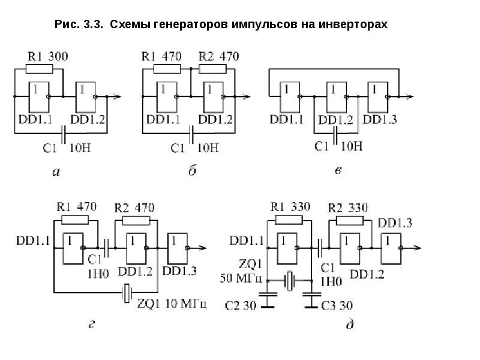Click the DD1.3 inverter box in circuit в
click(380, 96)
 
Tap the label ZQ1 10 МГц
click(172, 304)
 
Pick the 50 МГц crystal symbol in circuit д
click(290, 280)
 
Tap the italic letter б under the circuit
click(193, 172)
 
